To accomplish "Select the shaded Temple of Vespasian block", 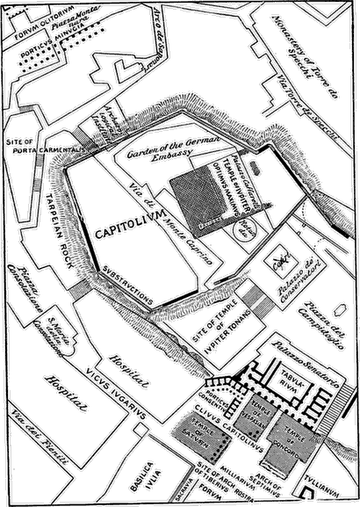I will tap(248, 405).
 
